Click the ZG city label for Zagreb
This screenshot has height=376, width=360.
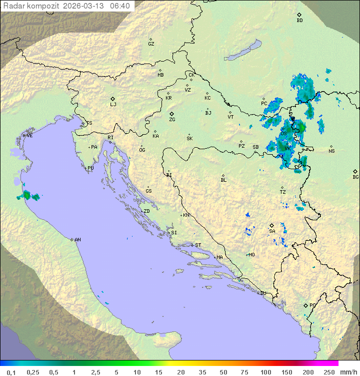pos(172,120)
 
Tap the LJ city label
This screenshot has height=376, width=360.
pos(113,105)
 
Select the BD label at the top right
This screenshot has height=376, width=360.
pos(299,21)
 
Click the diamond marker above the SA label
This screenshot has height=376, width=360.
pos(271,225)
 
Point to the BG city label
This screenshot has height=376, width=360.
pos(355,177)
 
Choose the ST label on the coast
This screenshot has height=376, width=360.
pos(198,245)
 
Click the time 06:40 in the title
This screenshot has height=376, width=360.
pos(120,6)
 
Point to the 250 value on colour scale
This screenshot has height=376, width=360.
pos(329,372)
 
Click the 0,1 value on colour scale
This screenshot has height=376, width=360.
pos(11,372)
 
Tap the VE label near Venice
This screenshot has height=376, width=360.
pos(29,136)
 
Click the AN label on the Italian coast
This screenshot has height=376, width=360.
pos(77,240)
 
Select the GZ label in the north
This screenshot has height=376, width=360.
pos(151,44)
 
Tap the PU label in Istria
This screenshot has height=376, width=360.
pos(90,168)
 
